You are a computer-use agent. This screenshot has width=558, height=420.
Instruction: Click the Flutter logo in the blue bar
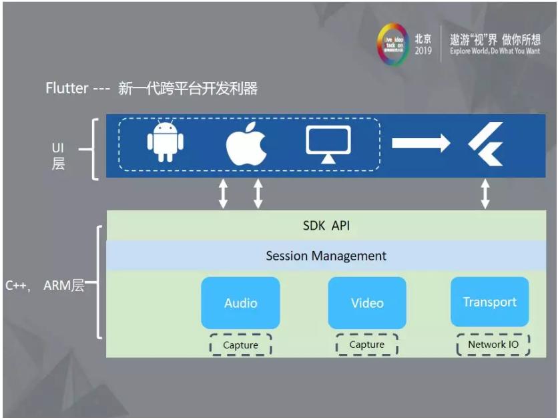click(485, 144)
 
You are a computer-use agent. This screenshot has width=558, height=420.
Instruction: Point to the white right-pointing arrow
click(421, 143)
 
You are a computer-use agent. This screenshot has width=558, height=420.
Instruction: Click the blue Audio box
click(240, 302)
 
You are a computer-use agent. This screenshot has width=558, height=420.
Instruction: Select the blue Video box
click(367, 302)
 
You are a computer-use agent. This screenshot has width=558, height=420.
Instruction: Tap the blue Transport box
click(489, 302)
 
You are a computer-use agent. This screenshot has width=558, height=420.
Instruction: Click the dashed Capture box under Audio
click(240, 345)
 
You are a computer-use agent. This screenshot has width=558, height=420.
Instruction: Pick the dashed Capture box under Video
click(367, 345)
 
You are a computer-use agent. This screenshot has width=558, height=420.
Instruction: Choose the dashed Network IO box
click(494, 344)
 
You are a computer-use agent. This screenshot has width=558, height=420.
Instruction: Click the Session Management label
click(326, 256)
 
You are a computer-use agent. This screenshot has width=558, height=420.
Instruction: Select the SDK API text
click(326, 226)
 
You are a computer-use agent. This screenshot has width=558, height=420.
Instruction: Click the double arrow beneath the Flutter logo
click(485, 194)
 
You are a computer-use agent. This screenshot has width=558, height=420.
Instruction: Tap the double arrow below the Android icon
click(224, 194)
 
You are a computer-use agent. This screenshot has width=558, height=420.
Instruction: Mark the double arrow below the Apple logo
click(258, 194)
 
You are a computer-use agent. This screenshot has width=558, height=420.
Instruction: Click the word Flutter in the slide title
click(67, 88)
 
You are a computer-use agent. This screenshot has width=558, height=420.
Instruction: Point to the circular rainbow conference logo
click(392, 45)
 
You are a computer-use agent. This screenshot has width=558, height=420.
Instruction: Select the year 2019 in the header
click(423, 51)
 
